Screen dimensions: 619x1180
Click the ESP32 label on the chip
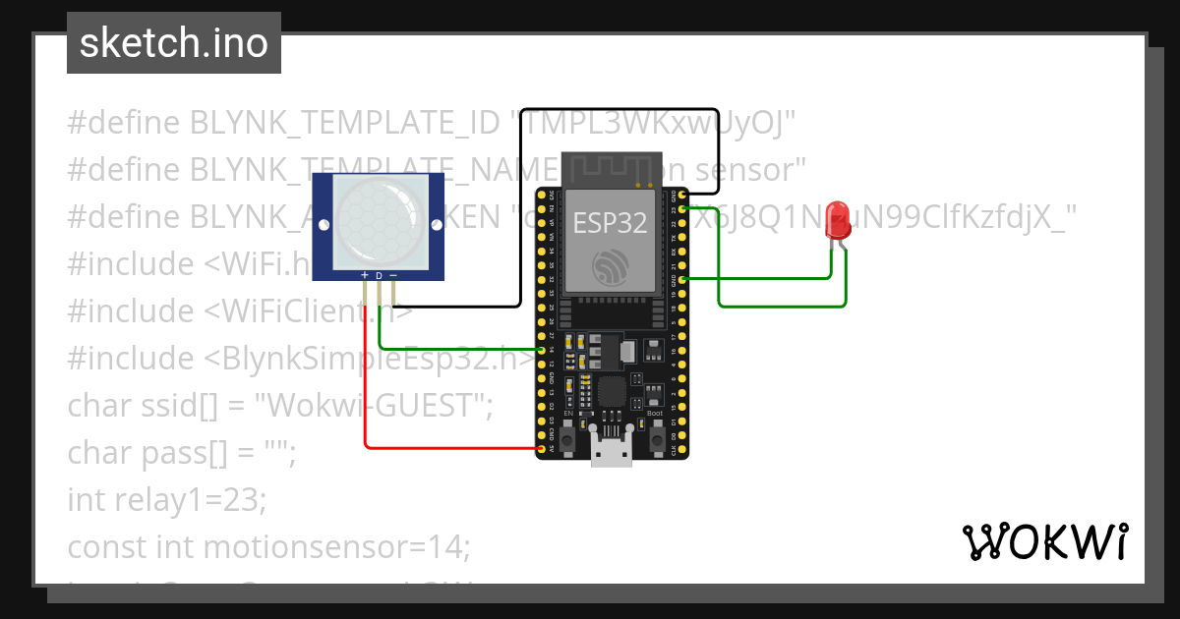610,223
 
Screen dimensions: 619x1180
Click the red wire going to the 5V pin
442,449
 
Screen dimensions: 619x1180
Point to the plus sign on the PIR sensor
365,276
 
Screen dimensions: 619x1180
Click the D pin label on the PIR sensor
379,276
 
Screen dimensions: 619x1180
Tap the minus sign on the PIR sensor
393,276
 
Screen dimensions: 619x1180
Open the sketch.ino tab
174,43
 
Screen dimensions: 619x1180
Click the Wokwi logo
1044,541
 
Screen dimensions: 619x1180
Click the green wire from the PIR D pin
442,349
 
